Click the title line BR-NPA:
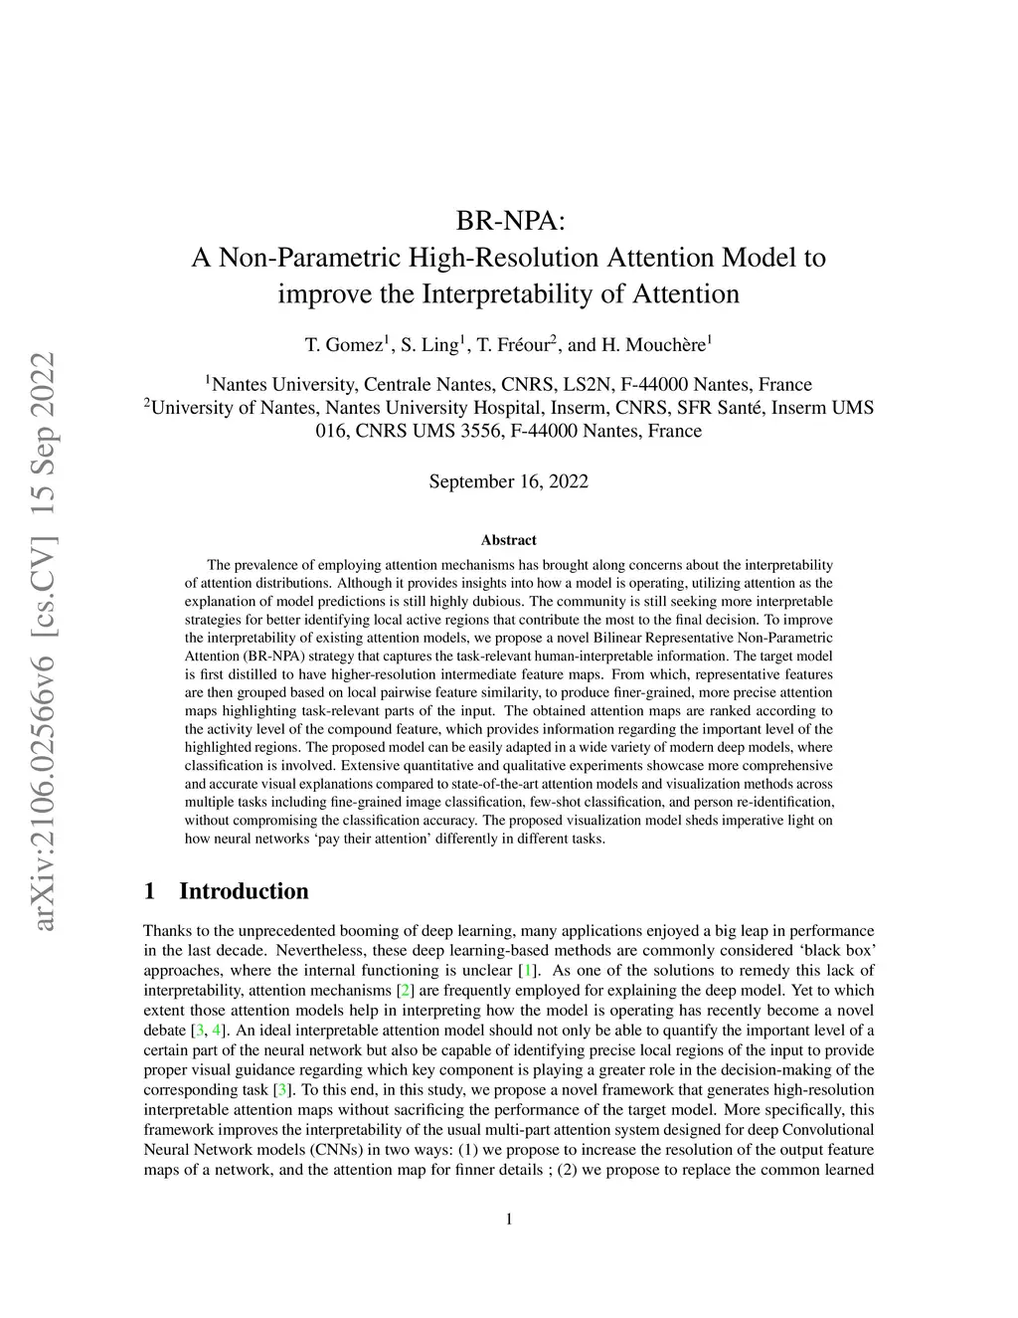[508, 220]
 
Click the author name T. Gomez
[342, 345]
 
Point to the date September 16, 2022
[508, 481]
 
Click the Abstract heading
[508, 540]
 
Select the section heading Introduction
[244, 890]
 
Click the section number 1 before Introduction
[149, 890]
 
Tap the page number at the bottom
[509, 1220]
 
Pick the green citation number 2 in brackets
[405, 990]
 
